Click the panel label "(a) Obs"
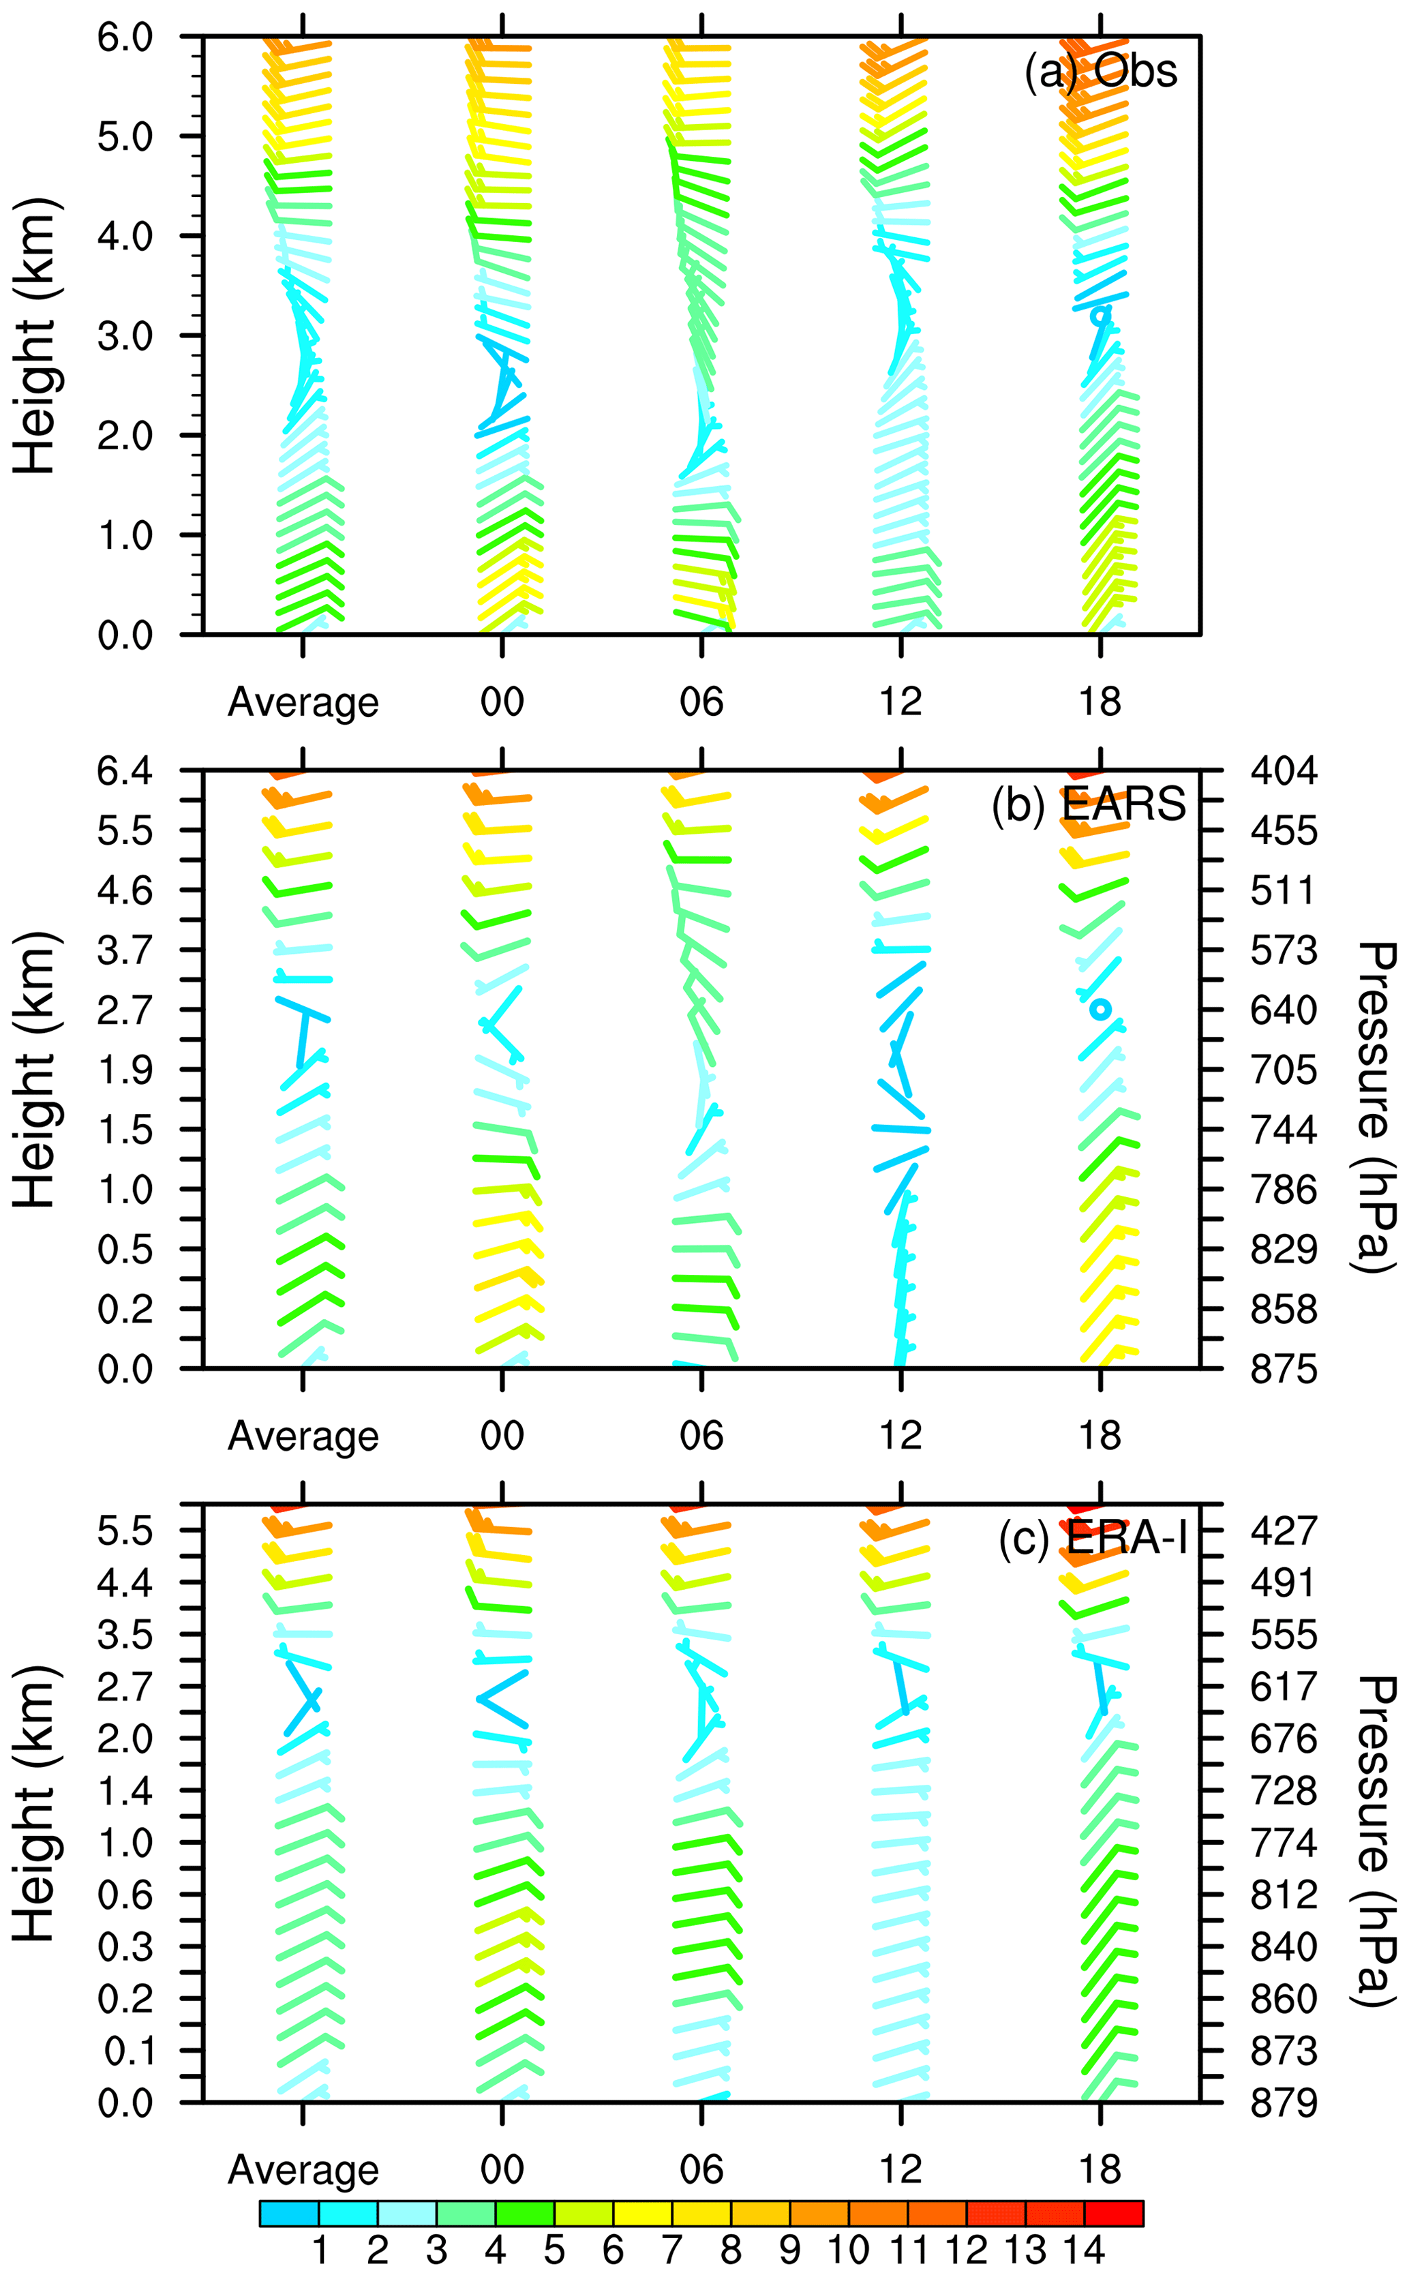coord(1100,71)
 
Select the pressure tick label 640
coord(1283,1010)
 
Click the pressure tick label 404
coord(1283,772)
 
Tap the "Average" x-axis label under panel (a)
coord(303,702)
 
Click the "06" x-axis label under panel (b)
coord(701,1436)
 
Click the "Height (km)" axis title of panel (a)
coord(35,335)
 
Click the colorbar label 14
coord(1083,2250)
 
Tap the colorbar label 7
coord(671,2250)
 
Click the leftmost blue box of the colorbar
coord(289,2214)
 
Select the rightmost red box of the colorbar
coord(1114,2214)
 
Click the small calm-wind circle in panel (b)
coord(1101,1008)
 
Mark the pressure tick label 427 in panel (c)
coord(1283,1530)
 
